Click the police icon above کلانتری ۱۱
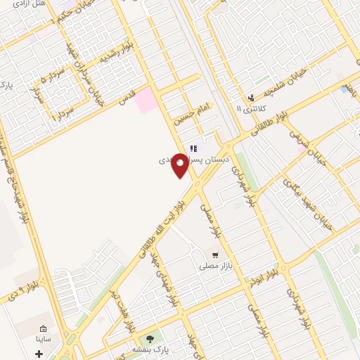click(250, 98)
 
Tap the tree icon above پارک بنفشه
click(150, 340)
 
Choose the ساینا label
click(44, 339)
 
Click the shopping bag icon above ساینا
click(44, 329)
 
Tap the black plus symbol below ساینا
click(39, 352)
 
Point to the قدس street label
click(127, 102)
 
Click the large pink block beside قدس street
click(146, 101)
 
